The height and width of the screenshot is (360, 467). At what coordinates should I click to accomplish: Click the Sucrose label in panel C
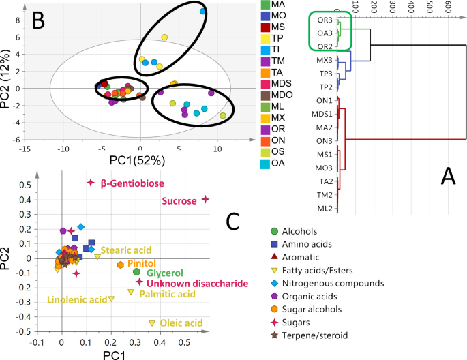point(179,201)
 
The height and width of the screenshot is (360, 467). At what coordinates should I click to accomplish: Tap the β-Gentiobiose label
point(130,183)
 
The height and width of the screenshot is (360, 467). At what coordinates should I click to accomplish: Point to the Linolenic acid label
point(77,300)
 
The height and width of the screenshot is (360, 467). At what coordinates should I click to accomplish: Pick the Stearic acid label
point(126,250)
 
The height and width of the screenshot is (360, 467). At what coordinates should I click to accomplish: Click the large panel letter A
point(448,177)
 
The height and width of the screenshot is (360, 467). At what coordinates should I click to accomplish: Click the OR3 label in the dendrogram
point(325,19)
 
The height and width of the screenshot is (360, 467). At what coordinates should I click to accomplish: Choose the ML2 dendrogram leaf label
point(324,208)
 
